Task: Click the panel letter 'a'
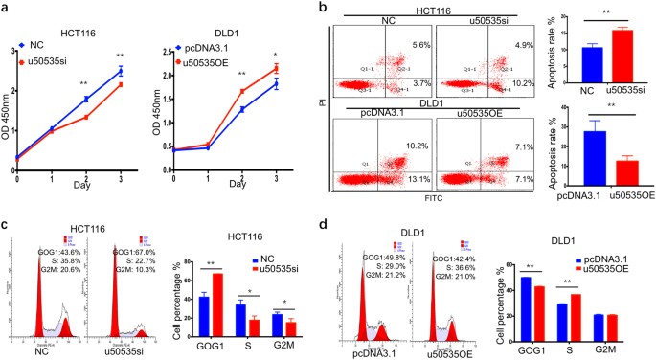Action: [7, 8]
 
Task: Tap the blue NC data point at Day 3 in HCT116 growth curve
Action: [119, 70]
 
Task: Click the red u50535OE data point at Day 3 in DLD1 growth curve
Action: [276, 68]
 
